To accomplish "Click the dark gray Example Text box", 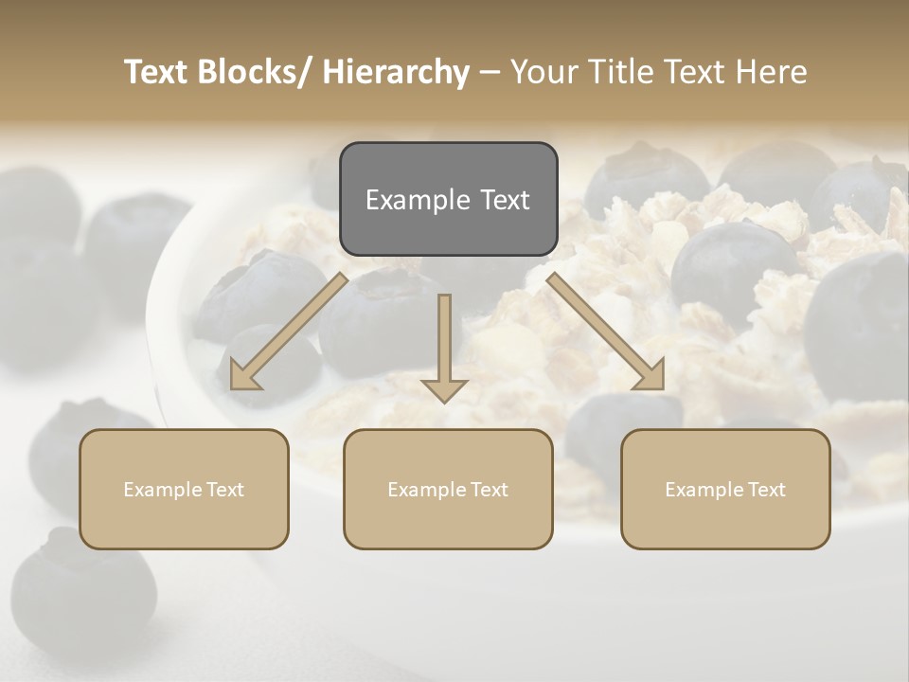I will click(x=448, y=199).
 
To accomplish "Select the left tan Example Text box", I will click(x=184, y=489).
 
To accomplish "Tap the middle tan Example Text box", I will click(x=448, y=489).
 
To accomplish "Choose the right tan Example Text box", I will click(x=725, y=489).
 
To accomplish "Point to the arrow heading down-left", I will click(x=289, y=332).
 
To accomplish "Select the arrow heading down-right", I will click(x=606, y=332).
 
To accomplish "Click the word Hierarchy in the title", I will click(x=396, y=72).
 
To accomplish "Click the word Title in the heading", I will click(x=617, y=72).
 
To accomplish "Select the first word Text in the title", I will click(x=157, y=72).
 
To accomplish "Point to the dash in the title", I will click(x=490, y=73).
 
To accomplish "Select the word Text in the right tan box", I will click(x=766, y=489).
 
